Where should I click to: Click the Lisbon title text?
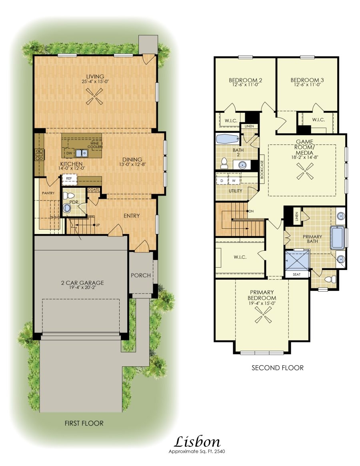click(197, 442)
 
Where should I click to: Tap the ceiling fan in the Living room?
click(95, 96)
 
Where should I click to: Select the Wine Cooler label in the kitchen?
click(95, 145)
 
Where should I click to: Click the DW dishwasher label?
click(69, 153)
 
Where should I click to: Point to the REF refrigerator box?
click(69, 179)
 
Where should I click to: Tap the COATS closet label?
click(93, 189)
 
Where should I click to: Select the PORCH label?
click(141, 275)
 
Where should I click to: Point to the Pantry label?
click(48, 193)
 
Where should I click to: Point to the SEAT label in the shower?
click(296, 274)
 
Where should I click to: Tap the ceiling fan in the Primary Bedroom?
click(262, 316)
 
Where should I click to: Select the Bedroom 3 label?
click(307, 80)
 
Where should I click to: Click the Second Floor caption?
click(277, 368)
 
